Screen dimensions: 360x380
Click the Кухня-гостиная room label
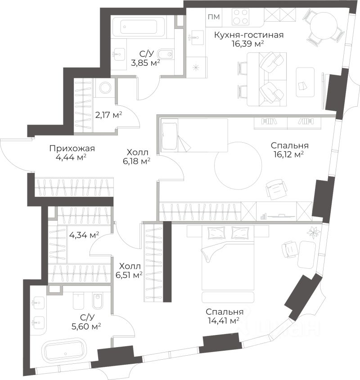tap(249, 35)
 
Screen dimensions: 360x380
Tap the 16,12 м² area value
tap(289, 154)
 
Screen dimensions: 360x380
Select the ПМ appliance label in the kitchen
tap(214, 17)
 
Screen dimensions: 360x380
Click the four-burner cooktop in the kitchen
tap(241, 17)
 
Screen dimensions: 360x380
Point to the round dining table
tap(324, 25)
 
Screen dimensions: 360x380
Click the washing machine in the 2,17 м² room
tap(105, 87)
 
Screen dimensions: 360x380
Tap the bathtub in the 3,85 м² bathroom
tap(139, 27)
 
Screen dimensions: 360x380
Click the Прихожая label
tap(72, 148)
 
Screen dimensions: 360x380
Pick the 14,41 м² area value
tap(224, 321)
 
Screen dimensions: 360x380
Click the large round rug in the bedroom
tap(238, 166)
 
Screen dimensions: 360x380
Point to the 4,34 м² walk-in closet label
tap(84, 235)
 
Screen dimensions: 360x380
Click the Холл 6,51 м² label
tap(130, 271)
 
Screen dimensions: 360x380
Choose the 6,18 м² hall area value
tap(136, 161)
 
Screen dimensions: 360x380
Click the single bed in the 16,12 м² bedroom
tap(194, 135)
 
